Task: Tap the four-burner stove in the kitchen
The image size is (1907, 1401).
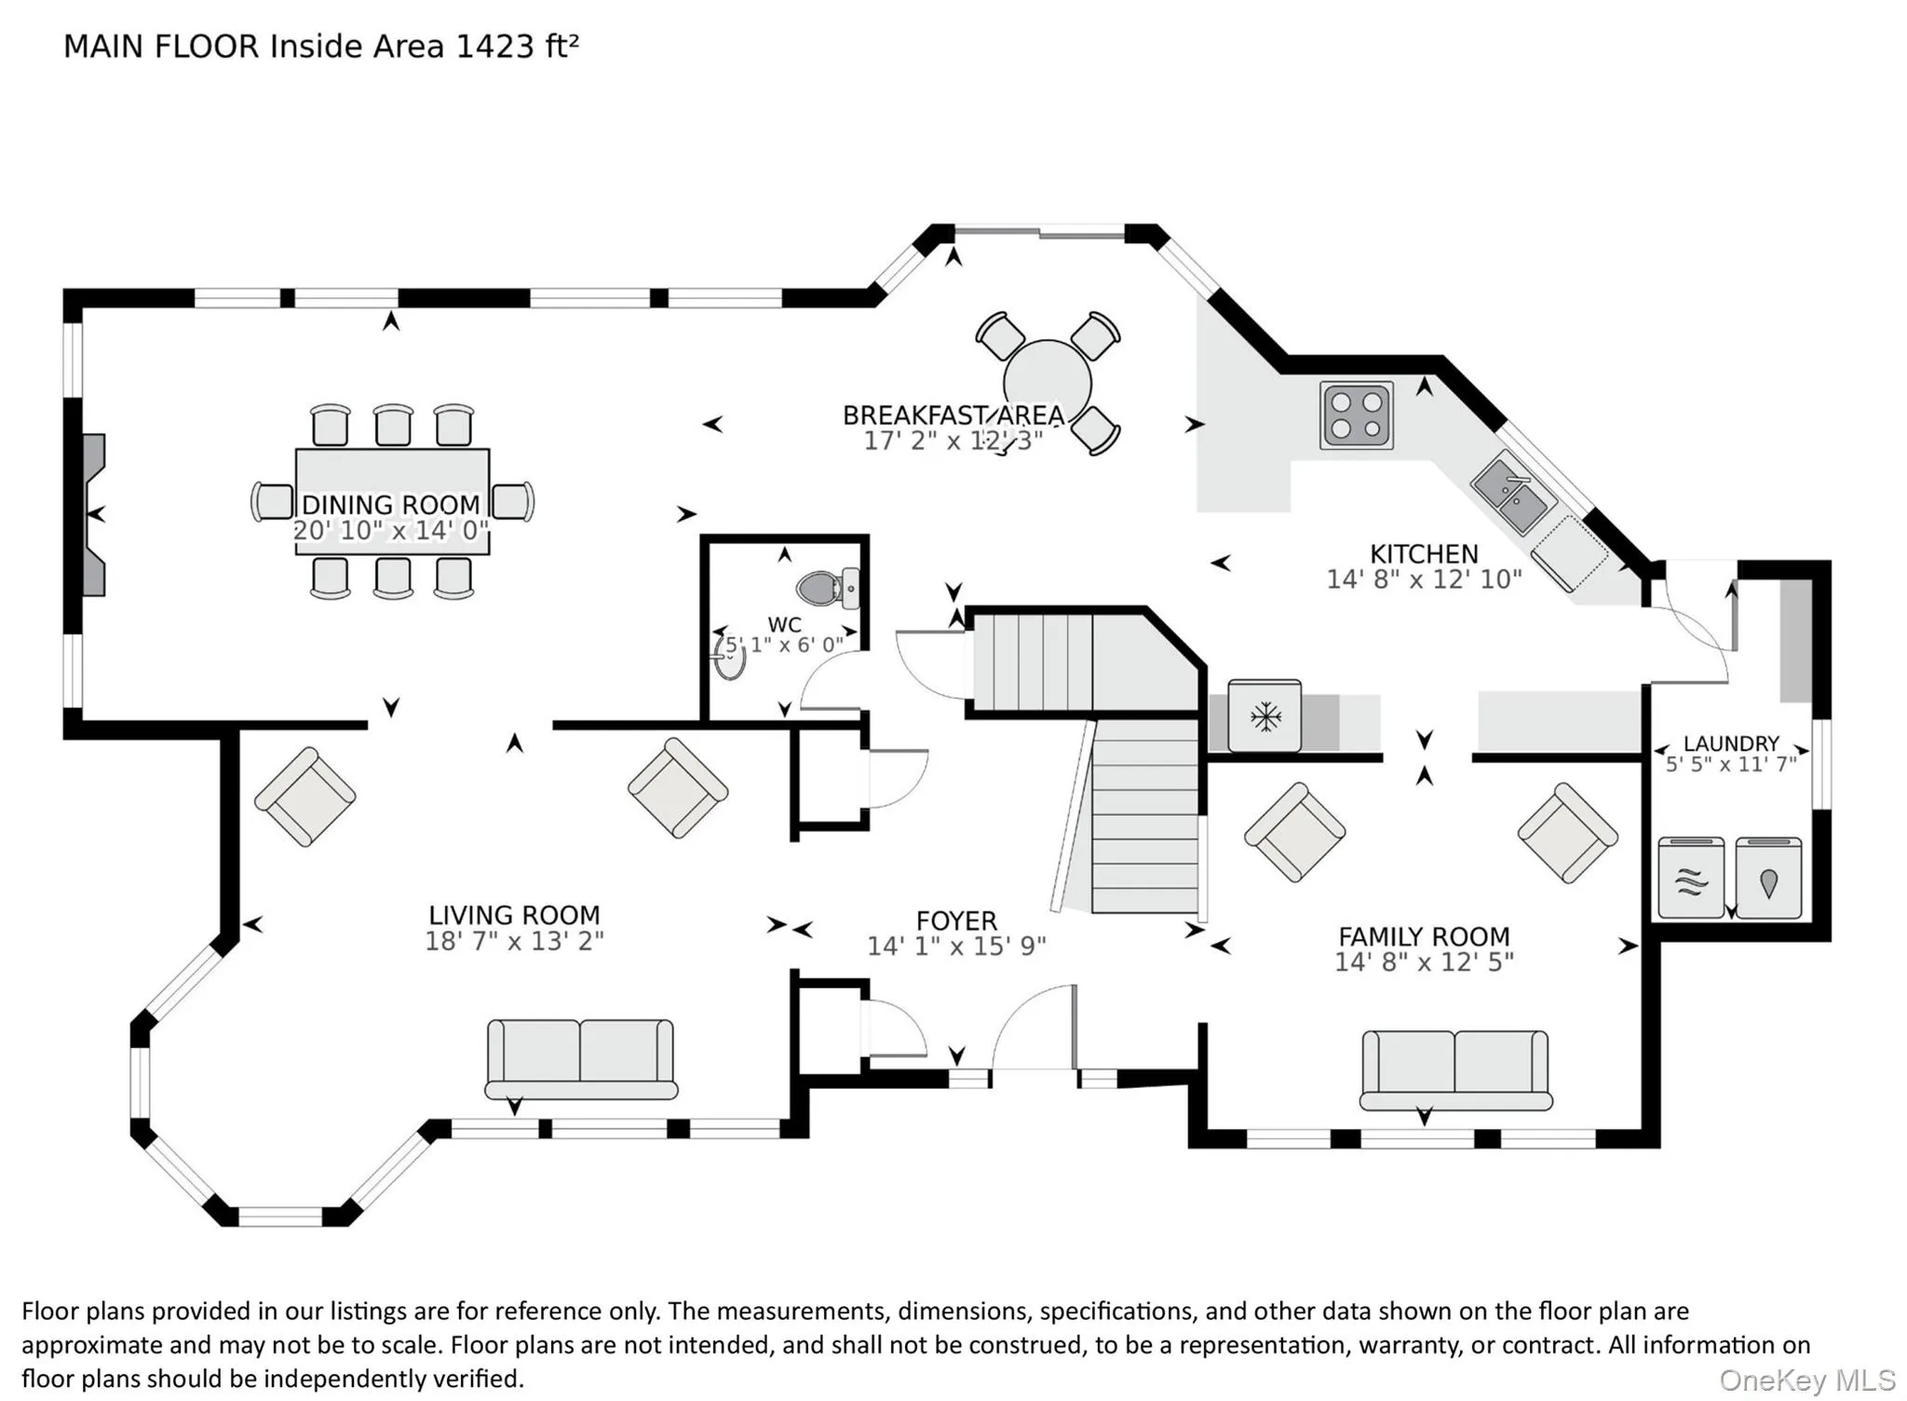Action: (x=1357, y=415)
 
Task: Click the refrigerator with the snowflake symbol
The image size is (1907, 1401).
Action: (x=1265, y=716)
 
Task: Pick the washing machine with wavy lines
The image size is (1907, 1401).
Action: (x=1691, y=878)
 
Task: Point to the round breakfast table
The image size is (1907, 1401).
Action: (x=1048, y=383)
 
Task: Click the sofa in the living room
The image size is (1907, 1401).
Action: (x=581, y=1060)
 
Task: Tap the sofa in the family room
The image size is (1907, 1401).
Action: (x=1455, y=1070)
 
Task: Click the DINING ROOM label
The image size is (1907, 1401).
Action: (x=391, y=505)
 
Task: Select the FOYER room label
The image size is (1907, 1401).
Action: (x=956, y=921)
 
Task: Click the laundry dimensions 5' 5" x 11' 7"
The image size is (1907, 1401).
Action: (x=1731, y=765)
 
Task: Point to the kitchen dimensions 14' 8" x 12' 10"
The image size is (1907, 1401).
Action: (x=1424, y=579)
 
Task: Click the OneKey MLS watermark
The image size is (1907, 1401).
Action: (x=1807, y=1380)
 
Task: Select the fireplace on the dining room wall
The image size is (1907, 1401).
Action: (x=93, y=514)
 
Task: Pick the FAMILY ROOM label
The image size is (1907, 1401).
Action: (x=1424, y=936)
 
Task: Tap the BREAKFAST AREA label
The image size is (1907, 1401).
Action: (x=953, y=415)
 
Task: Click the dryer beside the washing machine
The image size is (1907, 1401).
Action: (x=1768, y=878)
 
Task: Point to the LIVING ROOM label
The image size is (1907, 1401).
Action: (x=514, y=916)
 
